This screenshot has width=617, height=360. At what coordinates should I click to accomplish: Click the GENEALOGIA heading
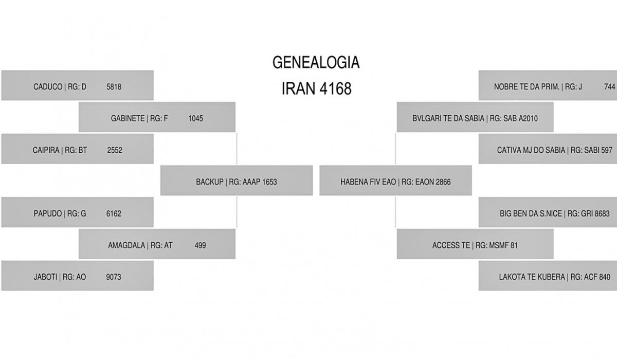[316, 62]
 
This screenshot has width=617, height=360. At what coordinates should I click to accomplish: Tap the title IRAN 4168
[317, 88]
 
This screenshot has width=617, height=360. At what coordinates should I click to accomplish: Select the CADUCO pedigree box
[78, 85]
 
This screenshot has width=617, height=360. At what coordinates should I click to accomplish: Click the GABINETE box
[157, 117]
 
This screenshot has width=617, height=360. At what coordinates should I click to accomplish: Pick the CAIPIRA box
[78, 149]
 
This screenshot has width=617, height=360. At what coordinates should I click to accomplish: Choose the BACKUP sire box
[237, 181]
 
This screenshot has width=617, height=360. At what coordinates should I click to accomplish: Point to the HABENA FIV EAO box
[395, 181]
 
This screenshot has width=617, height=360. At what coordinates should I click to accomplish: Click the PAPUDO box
[78, 212]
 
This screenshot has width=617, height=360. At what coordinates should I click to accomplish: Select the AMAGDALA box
[157, 244]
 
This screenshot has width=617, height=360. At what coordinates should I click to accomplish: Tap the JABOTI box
[78, 276]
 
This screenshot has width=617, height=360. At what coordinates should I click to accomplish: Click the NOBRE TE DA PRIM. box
[548, 85]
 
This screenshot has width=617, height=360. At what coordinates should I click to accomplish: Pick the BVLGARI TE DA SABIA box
[475, 117]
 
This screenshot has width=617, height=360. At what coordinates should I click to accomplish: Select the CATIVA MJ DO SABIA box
[548, 149]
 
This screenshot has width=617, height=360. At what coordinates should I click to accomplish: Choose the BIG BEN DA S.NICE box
[548, 212]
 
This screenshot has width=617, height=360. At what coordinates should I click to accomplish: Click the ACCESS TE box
[475, 244]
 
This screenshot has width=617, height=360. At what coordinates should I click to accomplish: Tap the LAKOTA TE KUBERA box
[548, 276]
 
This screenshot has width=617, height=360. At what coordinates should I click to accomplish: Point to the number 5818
[114, 87]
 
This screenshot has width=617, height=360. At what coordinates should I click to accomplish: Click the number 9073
[114, 277]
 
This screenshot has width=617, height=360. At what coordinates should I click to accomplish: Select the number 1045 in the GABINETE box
[195, 119]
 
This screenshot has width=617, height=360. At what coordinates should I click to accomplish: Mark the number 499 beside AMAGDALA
[200, 245]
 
